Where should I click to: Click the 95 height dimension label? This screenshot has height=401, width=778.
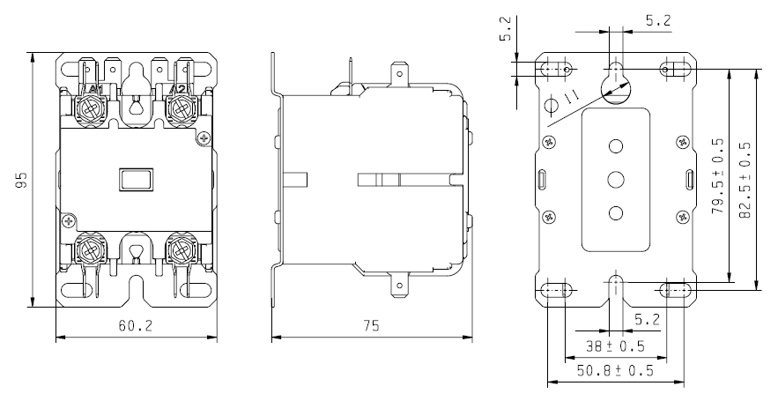(20, 180)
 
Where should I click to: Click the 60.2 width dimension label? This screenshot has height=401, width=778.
(136, 326)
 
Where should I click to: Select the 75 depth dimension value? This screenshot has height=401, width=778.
(371, 326)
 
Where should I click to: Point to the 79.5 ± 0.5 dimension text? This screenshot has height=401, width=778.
(718, 176)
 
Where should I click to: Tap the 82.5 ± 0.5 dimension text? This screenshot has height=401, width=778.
(745, 180)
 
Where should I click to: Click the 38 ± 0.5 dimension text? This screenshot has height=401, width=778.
(615, 345)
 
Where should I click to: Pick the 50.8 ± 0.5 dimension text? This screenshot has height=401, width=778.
(615, 370)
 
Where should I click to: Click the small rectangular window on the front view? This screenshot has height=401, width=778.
(136, 179)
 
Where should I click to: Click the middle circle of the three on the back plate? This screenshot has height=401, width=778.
(615, 179)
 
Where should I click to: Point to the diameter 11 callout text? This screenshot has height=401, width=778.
(572, 98)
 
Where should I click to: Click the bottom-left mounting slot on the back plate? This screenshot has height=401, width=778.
(556, 289)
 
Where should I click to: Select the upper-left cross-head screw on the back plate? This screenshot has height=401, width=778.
(549, 141)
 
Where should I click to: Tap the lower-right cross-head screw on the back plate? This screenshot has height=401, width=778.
(682, 217)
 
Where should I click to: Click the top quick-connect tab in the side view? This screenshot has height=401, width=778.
(399, 72)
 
